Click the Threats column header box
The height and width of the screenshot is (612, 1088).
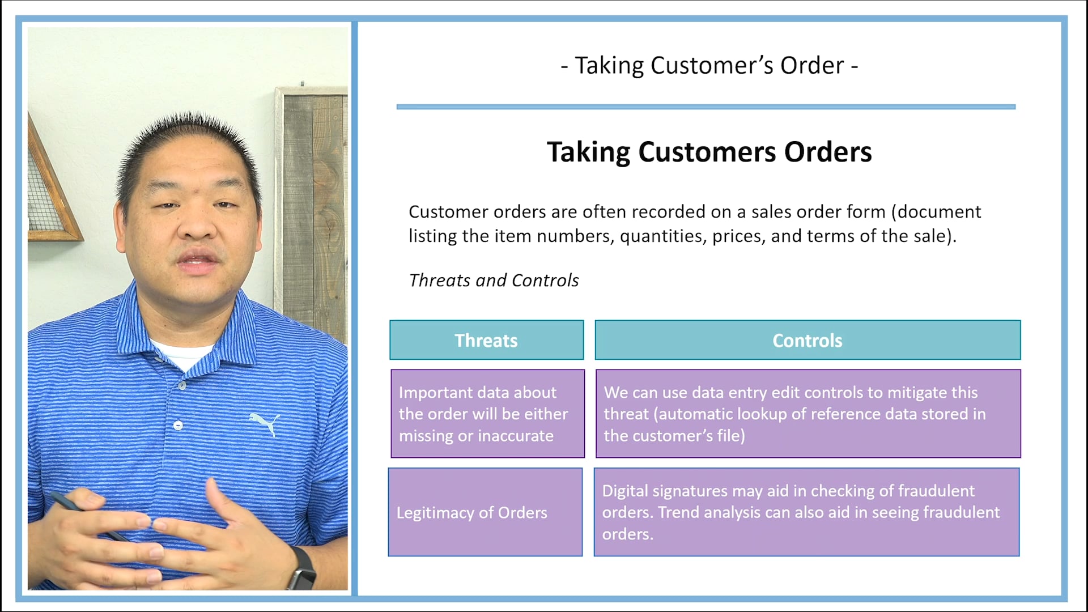(x=486, y=340)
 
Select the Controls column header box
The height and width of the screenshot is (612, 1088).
(x=807, y=340)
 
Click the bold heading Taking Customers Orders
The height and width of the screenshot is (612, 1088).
(x=709, y=152)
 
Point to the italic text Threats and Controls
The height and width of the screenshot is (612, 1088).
(x=494, y=280)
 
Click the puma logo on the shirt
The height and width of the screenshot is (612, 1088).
(x=265, y=423)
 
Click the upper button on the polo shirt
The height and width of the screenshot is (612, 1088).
(x=182, y=386)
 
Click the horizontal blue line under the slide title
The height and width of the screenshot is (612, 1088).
(x=705, y=107)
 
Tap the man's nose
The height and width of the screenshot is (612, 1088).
(x=198, y=227)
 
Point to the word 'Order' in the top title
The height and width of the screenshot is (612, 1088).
(x=812, y=66)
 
